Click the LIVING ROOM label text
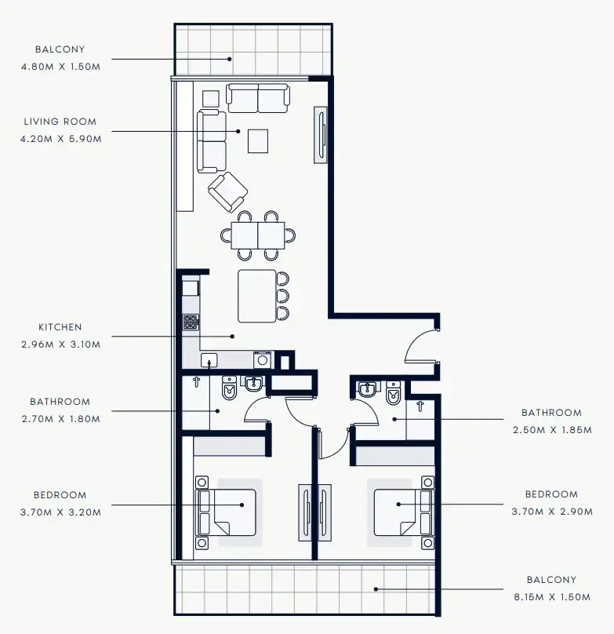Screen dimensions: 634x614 pos(60,122)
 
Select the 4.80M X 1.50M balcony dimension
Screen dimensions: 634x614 pos(60,67)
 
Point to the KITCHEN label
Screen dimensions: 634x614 pos(60,327)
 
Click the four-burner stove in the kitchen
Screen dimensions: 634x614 pos(191,322)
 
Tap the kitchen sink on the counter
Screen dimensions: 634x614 pos(209,360)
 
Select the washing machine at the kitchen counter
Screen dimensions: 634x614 pos(262,360)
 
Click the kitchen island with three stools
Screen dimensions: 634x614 pos(257,296)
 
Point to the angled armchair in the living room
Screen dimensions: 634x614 pos(227,191)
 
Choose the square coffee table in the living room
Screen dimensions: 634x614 pos(258,141)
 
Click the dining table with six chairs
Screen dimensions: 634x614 pos(258,235)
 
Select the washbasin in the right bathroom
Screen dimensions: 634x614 pos(367,389)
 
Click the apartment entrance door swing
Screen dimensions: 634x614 pos(422,345)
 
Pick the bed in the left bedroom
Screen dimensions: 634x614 pos(227,512)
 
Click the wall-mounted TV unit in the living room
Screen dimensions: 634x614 pos(322,135)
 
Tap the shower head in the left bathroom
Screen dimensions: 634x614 pos(196,384)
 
